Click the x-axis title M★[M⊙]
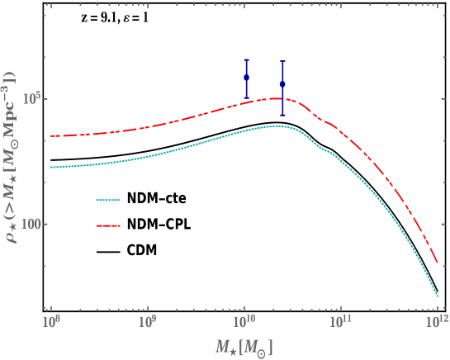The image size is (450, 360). click(244, 347)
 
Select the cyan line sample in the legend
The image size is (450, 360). click(109, 200)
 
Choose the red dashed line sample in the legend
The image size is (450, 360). click(109, 225)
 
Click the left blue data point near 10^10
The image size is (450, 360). click(246, 78)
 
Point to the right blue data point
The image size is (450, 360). click(282, 83)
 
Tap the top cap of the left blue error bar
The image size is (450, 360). click(246, 59)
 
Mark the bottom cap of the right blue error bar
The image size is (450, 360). click(282, 115)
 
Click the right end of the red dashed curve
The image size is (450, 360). click(437, 263)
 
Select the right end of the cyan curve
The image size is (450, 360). click(437, 295)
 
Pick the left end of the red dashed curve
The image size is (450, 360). click(51, 136)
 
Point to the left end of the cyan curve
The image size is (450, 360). click(51, 167)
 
